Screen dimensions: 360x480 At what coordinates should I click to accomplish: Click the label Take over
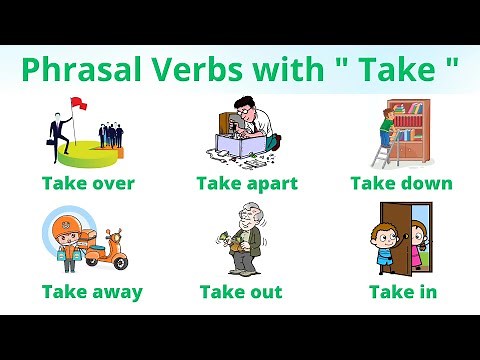pos(88,183)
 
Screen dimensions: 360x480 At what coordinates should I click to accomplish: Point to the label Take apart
pos(240,183)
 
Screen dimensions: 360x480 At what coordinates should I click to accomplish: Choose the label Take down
pos(401,183)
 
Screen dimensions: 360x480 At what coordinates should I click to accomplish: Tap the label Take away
pos(92,292)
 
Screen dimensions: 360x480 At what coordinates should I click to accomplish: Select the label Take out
pos(240,292)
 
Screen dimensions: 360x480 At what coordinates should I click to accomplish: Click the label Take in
pos(400,292)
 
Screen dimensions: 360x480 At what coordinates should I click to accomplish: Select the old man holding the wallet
pos(241,240)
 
